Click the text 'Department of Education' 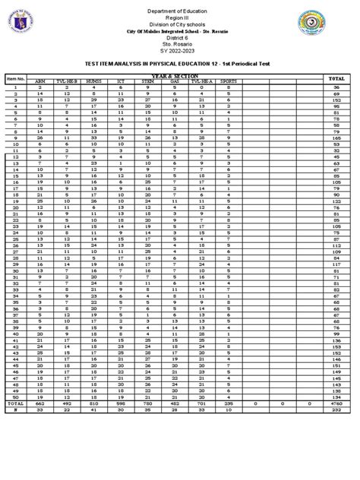[x=180, y=8]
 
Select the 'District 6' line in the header [x=180, y=36]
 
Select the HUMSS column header [x=93, y=84]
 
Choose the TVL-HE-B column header [x=66, y=84]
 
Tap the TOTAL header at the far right [x=335, y=79]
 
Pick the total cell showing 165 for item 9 [x=335, y=138]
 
